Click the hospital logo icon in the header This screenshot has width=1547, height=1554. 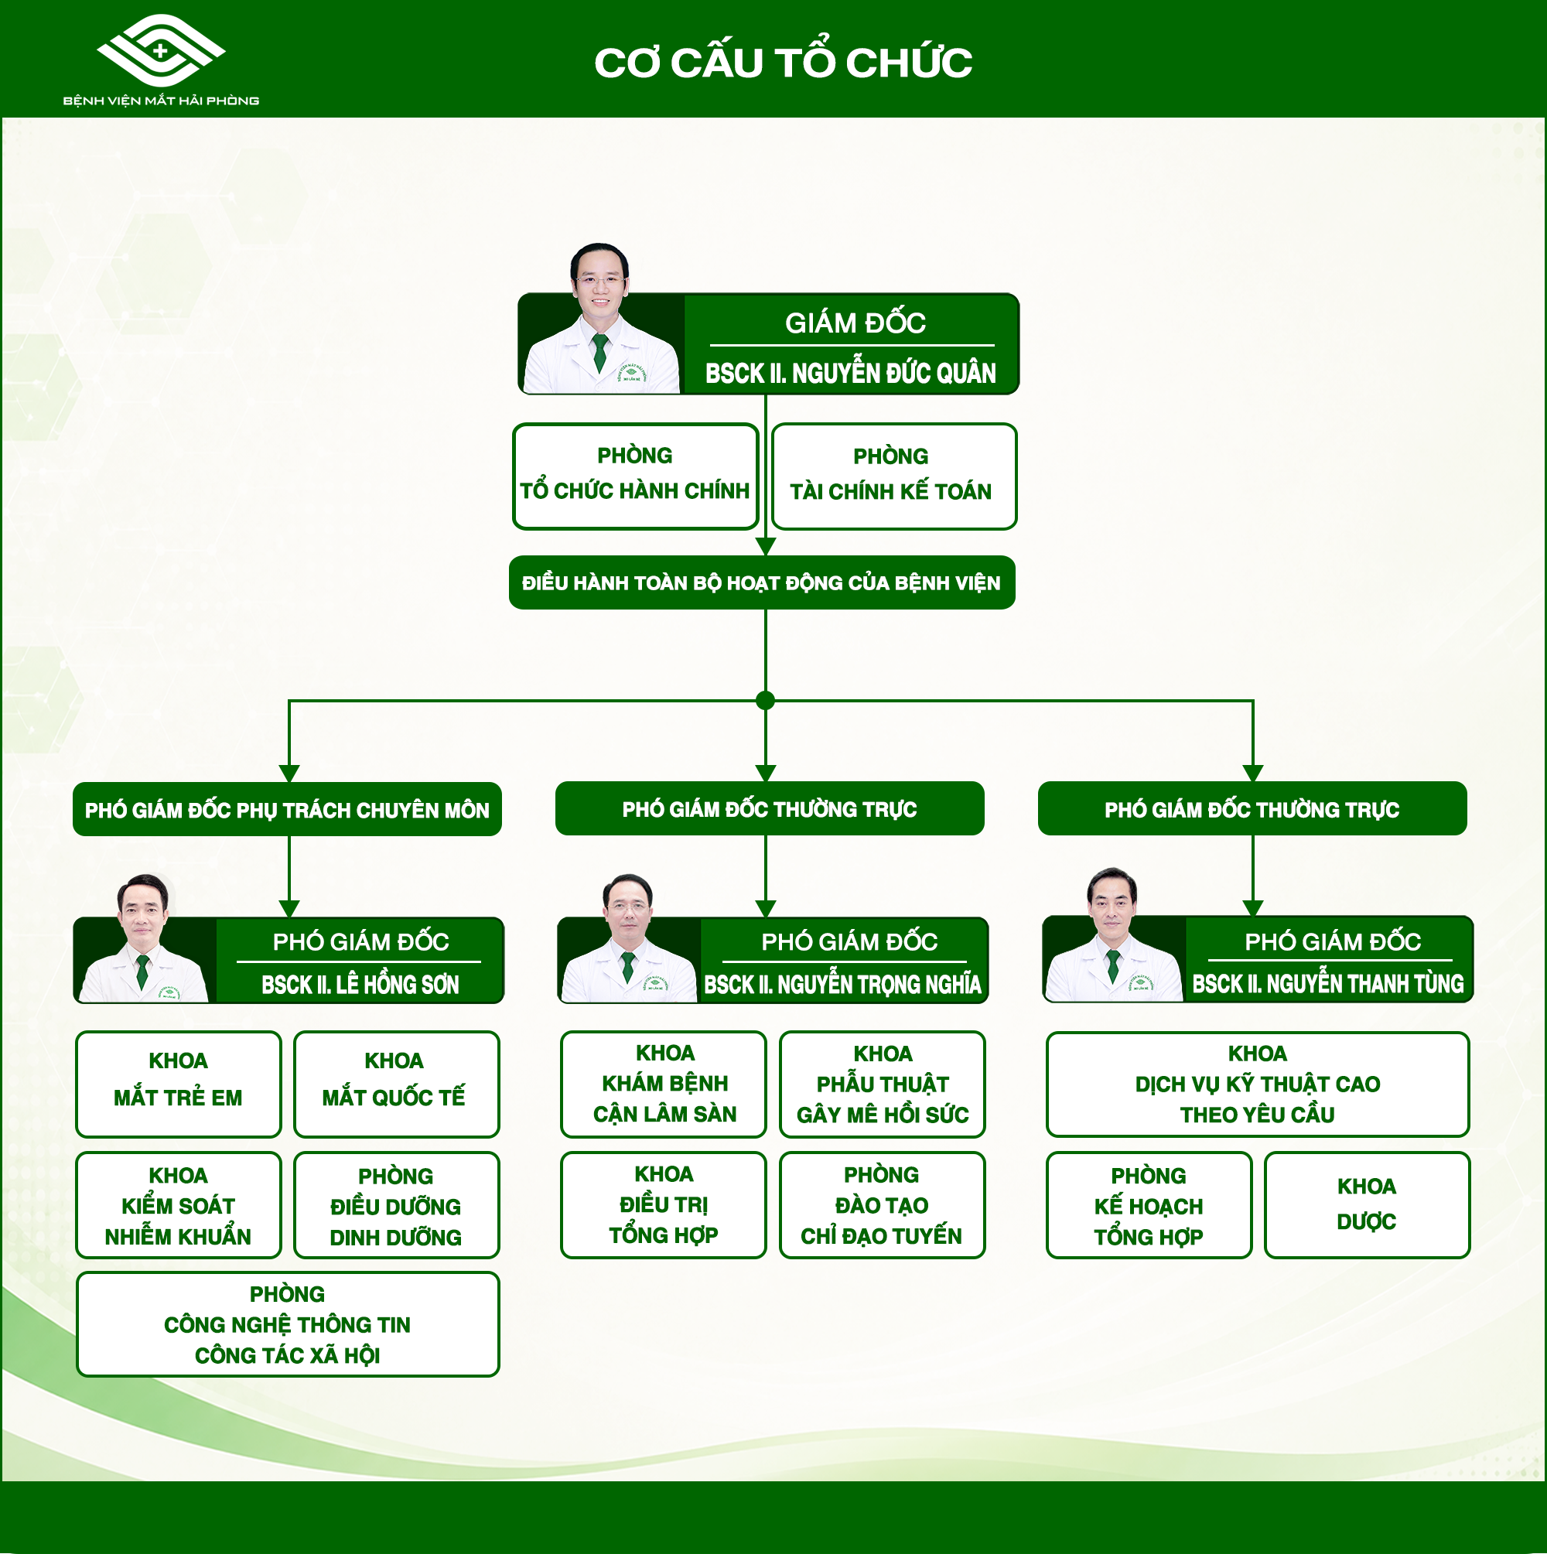coord(161,50)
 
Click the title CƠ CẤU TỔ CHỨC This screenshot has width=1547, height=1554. coord(783,61)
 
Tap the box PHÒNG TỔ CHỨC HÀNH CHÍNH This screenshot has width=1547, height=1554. coord(636,476)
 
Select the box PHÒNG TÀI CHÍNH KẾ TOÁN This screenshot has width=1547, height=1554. coord(893,476)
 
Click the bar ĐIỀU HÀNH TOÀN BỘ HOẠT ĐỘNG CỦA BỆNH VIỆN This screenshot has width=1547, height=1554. coord(762,582)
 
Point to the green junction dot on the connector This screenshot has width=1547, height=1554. coord(766,701)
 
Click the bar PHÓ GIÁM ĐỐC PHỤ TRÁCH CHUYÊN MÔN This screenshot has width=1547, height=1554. coord(287,809)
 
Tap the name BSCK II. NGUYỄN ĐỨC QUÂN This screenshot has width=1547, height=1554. coord(850,372)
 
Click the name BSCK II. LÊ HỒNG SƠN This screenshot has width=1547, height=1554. coord(360,985)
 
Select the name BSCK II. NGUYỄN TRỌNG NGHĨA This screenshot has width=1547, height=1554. coord(843,985)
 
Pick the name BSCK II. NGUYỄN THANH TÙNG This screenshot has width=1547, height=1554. coord(1328,984)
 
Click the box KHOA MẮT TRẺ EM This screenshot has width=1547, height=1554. coord(179,1084)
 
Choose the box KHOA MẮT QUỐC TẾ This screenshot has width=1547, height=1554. coord(397,1084)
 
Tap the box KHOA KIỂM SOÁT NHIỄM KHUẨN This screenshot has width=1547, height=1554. coord(179,1205)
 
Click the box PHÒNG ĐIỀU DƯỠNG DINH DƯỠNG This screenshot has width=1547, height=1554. coord(397,1205)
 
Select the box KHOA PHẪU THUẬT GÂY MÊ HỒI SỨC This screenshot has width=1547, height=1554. coord(883,1084)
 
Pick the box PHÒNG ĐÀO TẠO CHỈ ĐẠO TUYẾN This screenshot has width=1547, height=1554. coord(883,1205)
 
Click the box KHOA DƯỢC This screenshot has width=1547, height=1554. coord(1368,1205)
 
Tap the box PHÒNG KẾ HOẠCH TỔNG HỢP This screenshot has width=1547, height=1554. coord(1149,1205)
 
